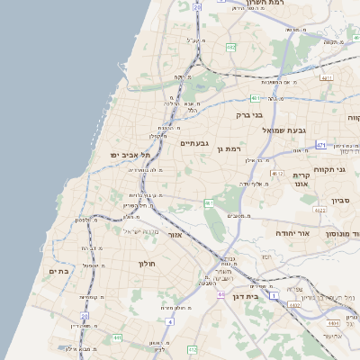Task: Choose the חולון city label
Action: click(x=148, y=263)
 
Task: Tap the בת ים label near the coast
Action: click(x=58, y=270)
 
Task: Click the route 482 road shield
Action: click(x=231, y=47)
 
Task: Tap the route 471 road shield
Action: click(x=321, y=144)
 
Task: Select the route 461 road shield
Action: click(x=209, y=203)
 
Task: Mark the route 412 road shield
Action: click(x=192, y=349)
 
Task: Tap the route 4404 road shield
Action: click(x=334, y=321)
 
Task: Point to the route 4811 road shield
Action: click(x=326, y=78)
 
